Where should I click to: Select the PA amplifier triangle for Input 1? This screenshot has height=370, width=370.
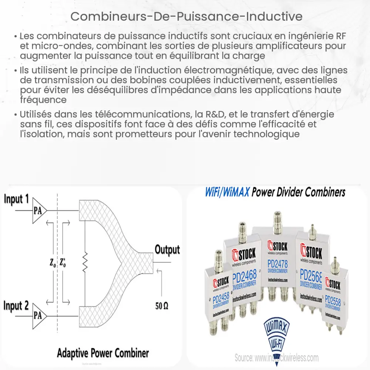click(39, 211)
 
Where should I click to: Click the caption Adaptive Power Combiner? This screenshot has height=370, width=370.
click(102, 353)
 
